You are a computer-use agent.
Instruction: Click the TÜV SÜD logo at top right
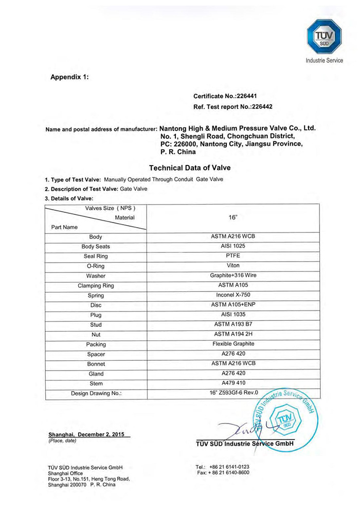324,35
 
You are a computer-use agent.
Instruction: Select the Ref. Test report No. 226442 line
229,107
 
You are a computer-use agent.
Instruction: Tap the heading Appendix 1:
69,77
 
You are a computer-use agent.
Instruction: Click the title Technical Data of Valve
190,168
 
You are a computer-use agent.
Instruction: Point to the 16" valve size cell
233,217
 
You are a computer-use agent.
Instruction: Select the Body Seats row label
96,247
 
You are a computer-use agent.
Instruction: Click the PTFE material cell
233,256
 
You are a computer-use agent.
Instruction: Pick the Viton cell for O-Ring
233,266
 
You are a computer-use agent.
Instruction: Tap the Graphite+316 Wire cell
233,276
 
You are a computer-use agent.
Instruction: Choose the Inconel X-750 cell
233,295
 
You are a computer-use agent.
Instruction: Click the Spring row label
96,296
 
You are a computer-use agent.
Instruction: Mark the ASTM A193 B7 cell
233,324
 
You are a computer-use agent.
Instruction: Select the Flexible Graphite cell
233,344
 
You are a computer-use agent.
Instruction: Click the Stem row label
96,383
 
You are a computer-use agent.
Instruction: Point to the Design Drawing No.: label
96,394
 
